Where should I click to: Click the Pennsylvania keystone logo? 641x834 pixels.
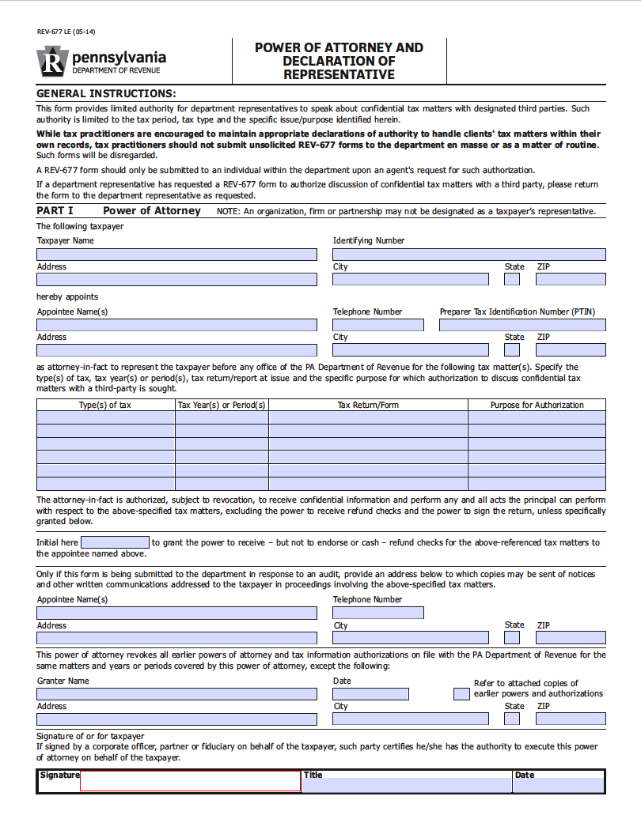click(x=51, y=62)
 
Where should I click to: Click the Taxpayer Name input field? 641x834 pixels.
click(x=176, y=255)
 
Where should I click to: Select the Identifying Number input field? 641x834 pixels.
click(x=468, y=255)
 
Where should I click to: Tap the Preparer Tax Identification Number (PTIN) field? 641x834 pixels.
click(x=522, y=325)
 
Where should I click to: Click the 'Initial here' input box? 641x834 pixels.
click(x=115, y=542)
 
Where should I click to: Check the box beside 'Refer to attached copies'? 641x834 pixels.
click(x=461, y=694)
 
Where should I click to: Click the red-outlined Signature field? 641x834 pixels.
click(x=190, y=782)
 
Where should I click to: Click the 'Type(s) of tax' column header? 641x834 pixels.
click(x=105, y=405)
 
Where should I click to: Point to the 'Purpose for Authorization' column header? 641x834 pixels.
click(x=537, y=405)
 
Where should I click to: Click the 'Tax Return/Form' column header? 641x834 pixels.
click(x=368, y=405)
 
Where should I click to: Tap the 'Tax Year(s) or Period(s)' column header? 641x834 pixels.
click(x=222, y=405)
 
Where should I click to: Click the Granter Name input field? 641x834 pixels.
click(x=176, y=694)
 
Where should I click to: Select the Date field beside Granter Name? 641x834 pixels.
click(x=370, y=694)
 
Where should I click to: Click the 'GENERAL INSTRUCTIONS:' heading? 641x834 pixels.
click(x=106, y=93)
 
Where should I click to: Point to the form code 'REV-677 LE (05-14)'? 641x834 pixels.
click(x=66, y=32)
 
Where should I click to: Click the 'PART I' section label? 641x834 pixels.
click(x=55, y=211)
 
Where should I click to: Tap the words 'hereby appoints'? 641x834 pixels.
click(x=67, y=297)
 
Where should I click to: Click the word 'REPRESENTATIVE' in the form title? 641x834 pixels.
click(x=339, y=75)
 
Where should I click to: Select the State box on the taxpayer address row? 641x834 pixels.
click(x=512, y=279)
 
